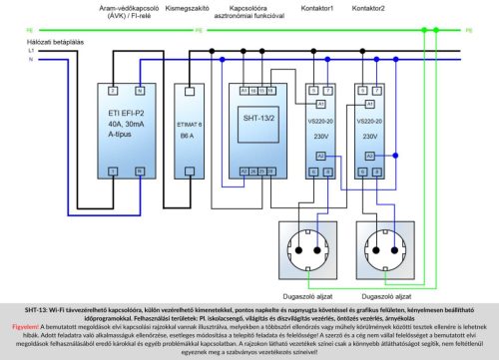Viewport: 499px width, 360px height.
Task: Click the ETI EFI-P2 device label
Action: click(128, 116)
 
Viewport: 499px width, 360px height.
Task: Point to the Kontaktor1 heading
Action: click(317, 8)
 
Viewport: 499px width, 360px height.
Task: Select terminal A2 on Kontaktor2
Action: click(368, 157)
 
